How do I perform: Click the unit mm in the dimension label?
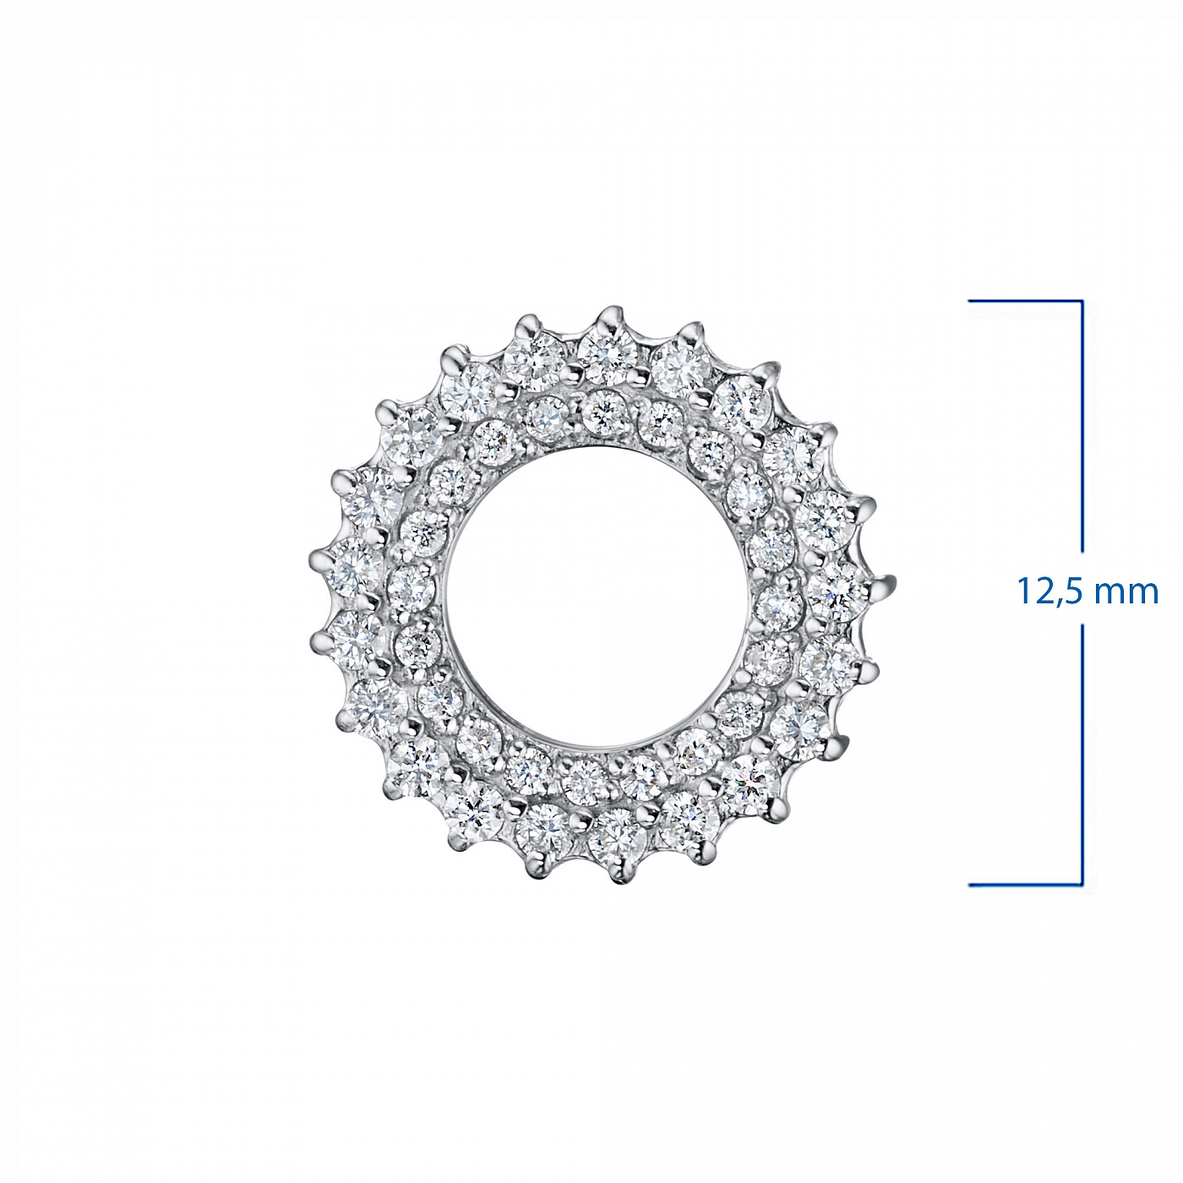[x=1128, y=594]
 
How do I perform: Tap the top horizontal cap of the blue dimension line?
[x=1025, y=301]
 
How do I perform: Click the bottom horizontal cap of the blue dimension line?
[x=1025, y=885]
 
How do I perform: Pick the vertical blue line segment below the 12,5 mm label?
[x=1082, y=755]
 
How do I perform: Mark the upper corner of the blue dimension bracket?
[x=1082, y=301]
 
